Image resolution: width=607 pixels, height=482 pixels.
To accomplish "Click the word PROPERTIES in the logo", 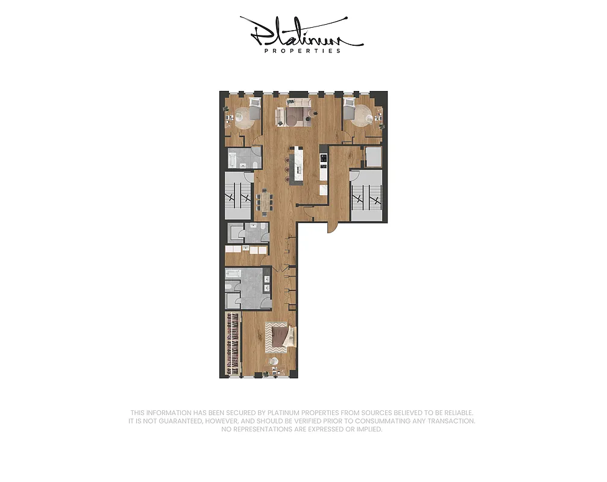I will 303,51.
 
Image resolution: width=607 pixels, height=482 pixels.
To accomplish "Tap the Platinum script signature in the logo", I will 301,33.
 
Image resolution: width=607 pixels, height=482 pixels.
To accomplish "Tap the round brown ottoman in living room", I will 292,120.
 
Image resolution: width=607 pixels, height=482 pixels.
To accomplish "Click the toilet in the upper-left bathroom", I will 256,163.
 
